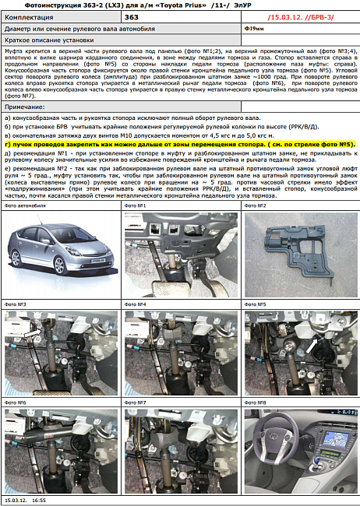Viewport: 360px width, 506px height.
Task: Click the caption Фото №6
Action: point(16,402)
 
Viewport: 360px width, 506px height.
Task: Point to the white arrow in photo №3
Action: point(30,332)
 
